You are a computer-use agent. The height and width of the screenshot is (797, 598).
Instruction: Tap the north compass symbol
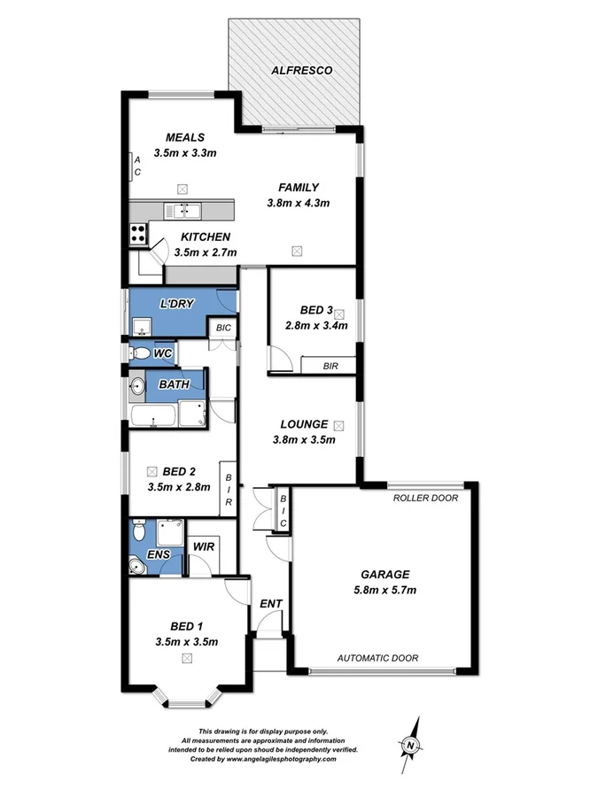pos(410,745)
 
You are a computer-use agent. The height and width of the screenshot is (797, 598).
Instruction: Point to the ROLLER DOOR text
pos(426,498)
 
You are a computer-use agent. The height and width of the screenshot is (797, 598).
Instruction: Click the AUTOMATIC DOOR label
pos(377,658)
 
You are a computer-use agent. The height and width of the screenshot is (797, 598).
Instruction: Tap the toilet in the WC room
pos(140,353)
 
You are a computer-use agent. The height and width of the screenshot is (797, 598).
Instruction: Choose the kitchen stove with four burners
pos(139,234)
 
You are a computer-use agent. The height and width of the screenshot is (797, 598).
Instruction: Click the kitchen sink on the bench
pos(186,210)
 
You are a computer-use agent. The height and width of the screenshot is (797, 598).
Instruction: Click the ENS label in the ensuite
pos(159,555)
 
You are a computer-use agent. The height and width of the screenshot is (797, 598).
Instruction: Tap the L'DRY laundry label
pos(176,305)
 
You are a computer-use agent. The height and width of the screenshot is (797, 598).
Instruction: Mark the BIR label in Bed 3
pos(330,365)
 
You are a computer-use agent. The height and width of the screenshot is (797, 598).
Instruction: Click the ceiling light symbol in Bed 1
pos(186,658)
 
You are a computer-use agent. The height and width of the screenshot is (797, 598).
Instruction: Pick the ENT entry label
pos(270,604)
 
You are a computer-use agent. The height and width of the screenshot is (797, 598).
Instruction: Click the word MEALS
pos(186,137)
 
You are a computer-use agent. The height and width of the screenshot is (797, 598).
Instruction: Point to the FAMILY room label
pos(298,187)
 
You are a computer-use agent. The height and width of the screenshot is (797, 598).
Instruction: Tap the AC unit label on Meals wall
pos(137,166)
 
